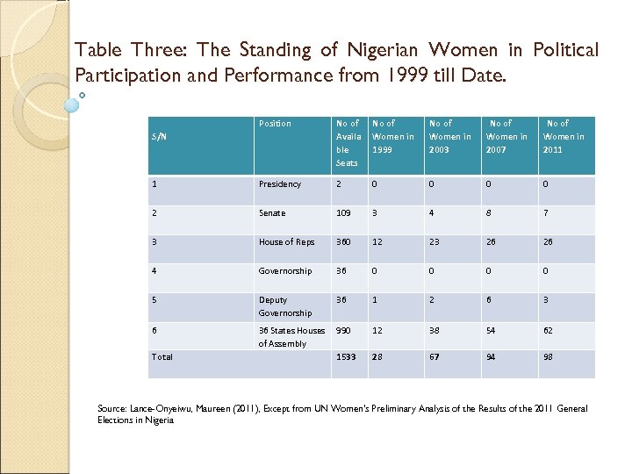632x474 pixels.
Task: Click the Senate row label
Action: click(272, 213)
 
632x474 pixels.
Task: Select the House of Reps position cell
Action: click(286, 242)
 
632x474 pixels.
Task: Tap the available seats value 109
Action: click(346, 213)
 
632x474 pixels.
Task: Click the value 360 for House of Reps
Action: click(346, 242)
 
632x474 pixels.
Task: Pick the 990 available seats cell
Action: click(346, 330)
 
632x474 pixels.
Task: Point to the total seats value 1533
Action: click(348, 356)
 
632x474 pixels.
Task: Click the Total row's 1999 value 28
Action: click(378, 356)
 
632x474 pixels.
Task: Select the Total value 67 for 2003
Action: click(434, 356)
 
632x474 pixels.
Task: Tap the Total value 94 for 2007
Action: click(492, 356)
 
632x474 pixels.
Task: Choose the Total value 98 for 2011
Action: click(549, 356)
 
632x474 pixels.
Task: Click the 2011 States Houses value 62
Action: click(549, 330)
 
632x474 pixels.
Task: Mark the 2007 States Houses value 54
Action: click(492, 330)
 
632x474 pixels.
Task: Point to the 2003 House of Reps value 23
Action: click(434, 242)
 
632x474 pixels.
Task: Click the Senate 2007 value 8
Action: click(489, 213)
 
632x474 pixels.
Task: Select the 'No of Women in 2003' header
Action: click(449, 137)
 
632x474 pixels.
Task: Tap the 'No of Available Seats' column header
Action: click(348, 143)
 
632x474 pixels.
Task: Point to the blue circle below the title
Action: click(72, 104)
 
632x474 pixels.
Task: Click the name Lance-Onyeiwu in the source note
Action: click(162, 409)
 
